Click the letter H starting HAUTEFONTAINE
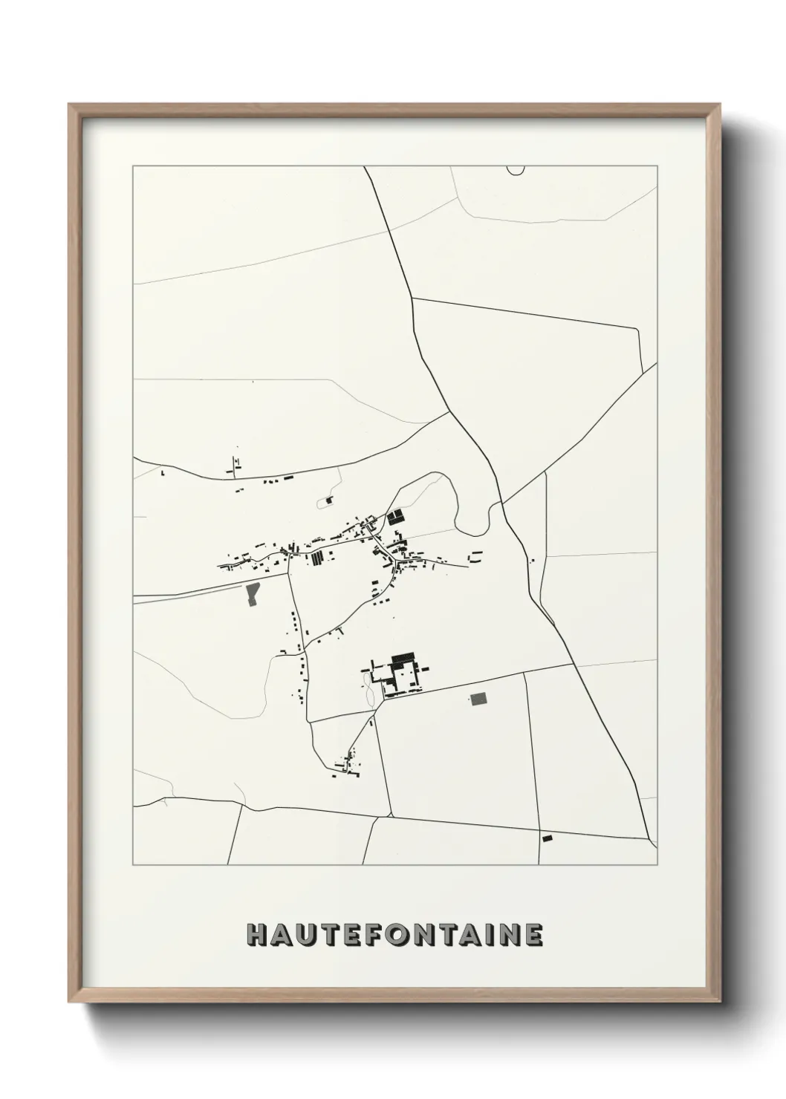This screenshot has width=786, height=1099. coord(257,936)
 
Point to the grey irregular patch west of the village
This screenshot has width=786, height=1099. coord(253,595)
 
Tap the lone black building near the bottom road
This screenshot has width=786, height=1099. coord(548,838)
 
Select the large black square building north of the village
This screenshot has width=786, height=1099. coord(394,517)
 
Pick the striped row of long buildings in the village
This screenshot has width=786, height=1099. coord(317,558)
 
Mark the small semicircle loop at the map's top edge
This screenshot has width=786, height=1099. coord(515,170)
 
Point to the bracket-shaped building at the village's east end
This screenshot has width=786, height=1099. coord(475,555)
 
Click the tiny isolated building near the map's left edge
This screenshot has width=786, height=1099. coord(163,472)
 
